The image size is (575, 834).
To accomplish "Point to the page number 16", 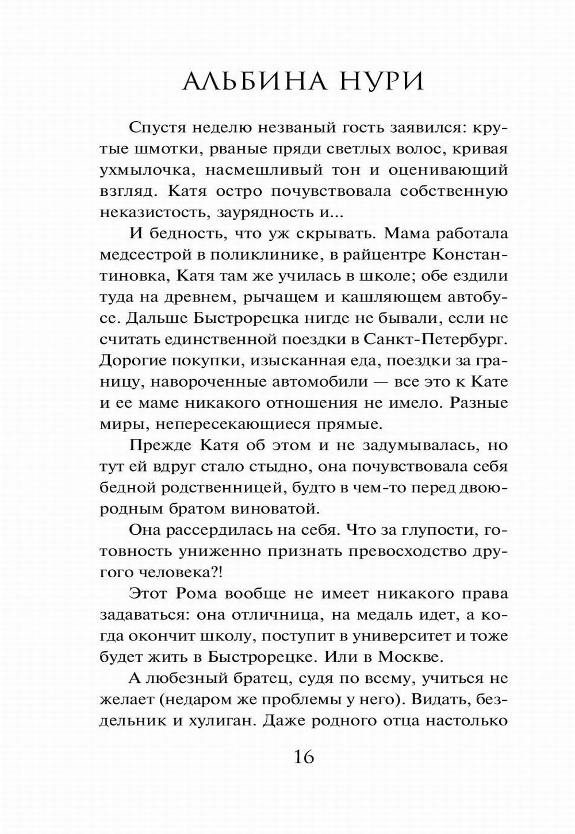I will pyautogui.click(x=304, y=757).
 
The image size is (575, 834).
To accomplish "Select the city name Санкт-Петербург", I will pyautogui.click(x=436, y=339).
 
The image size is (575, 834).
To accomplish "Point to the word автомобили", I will pyautogui.click(x=309, y=381).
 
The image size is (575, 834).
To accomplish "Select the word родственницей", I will pyautogui.click(x=209, y=487).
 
